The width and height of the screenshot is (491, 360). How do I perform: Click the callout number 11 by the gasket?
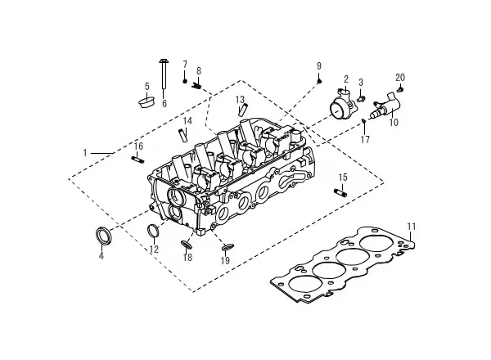412,227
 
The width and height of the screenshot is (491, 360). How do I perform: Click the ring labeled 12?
153,231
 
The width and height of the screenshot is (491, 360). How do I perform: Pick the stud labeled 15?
340,192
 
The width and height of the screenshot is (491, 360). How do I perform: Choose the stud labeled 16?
137,159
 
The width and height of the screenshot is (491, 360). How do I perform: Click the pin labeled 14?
182,135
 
